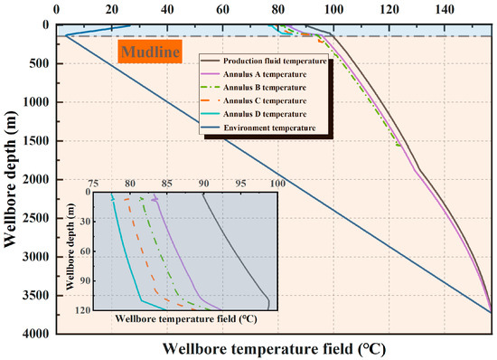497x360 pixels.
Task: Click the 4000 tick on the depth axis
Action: tap(37, 335)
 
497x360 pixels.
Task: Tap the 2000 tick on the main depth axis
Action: tap(37, 179)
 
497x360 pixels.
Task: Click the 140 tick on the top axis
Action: tap(445, 9)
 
